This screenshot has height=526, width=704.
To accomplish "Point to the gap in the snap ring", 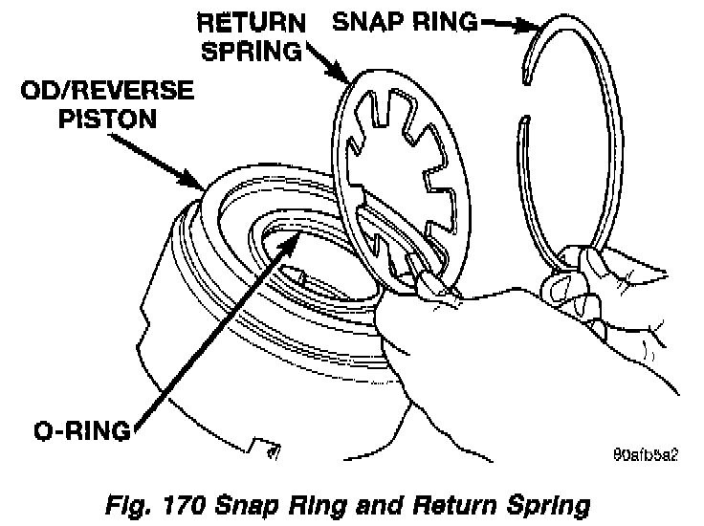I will tap(527, 91).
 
